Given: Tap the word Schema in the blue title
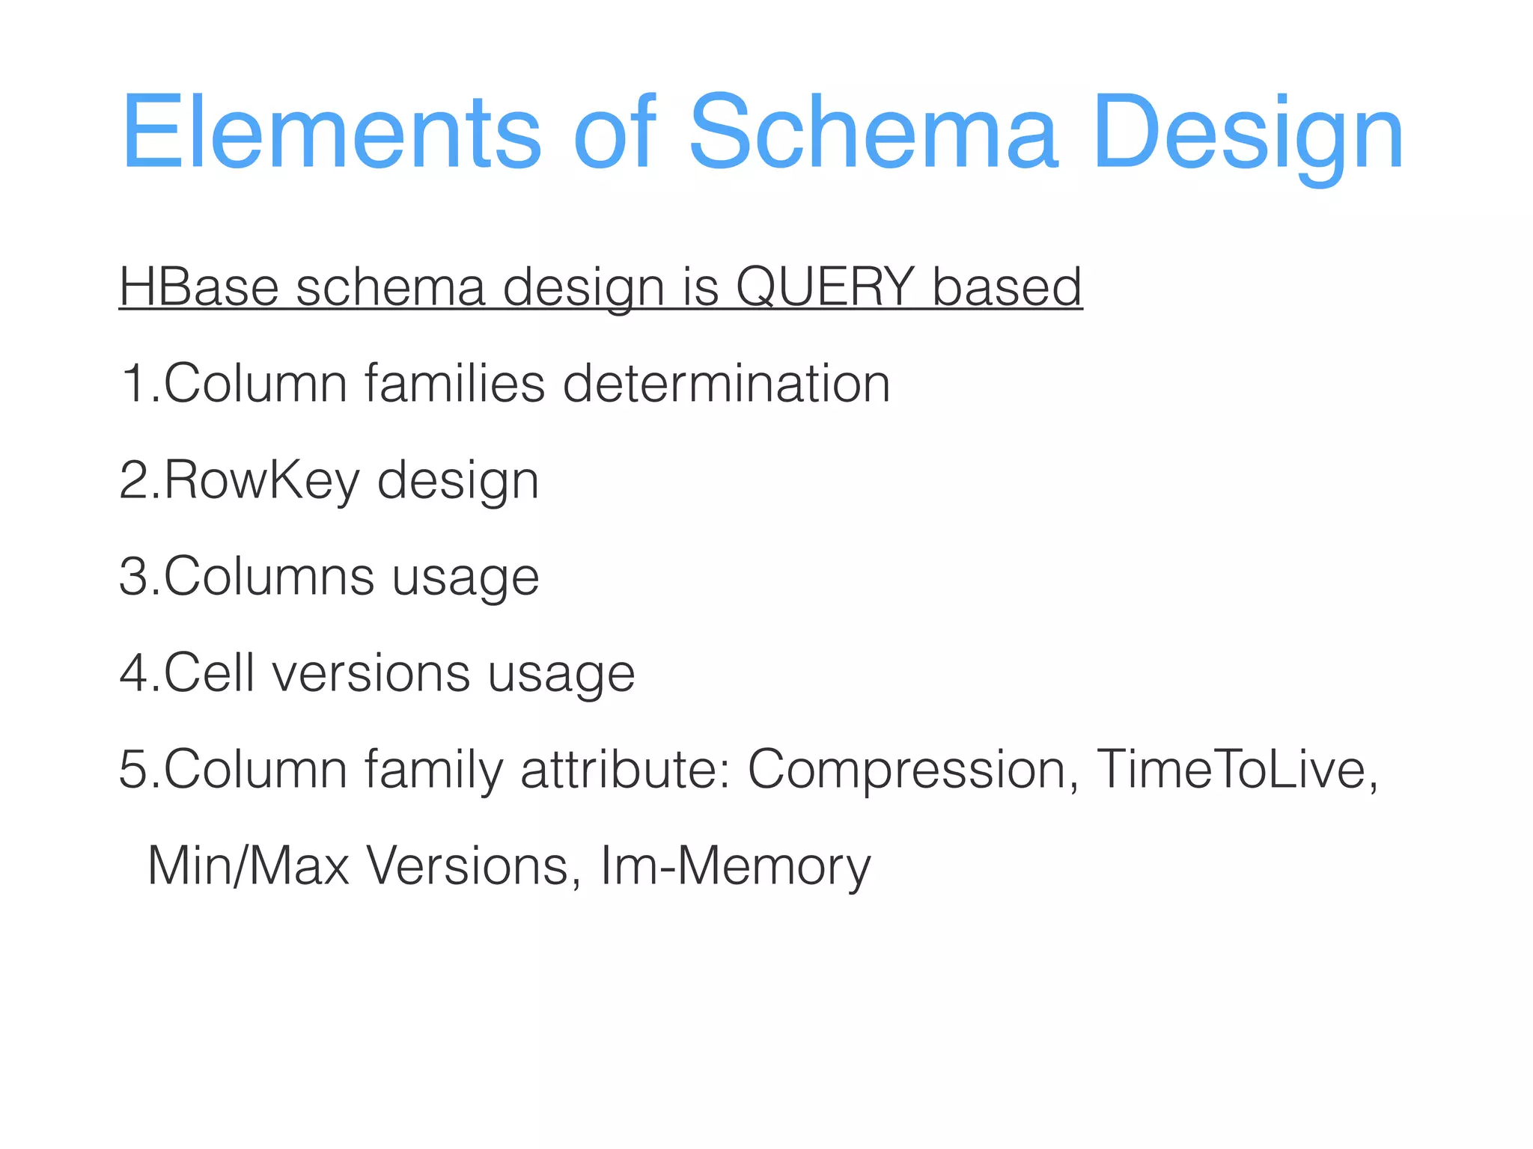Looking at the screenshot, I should click(873, 133).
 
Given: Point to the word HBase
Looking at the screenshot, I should click(199, 287).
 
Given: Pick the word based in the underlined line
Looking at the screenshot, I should click(1007, 287).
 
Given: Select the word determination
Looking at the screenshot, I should click(726, 384).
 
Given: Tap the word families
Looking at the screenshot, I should click(455, 384).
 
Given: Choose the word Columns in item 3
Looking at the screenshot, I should click(269, 577).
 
